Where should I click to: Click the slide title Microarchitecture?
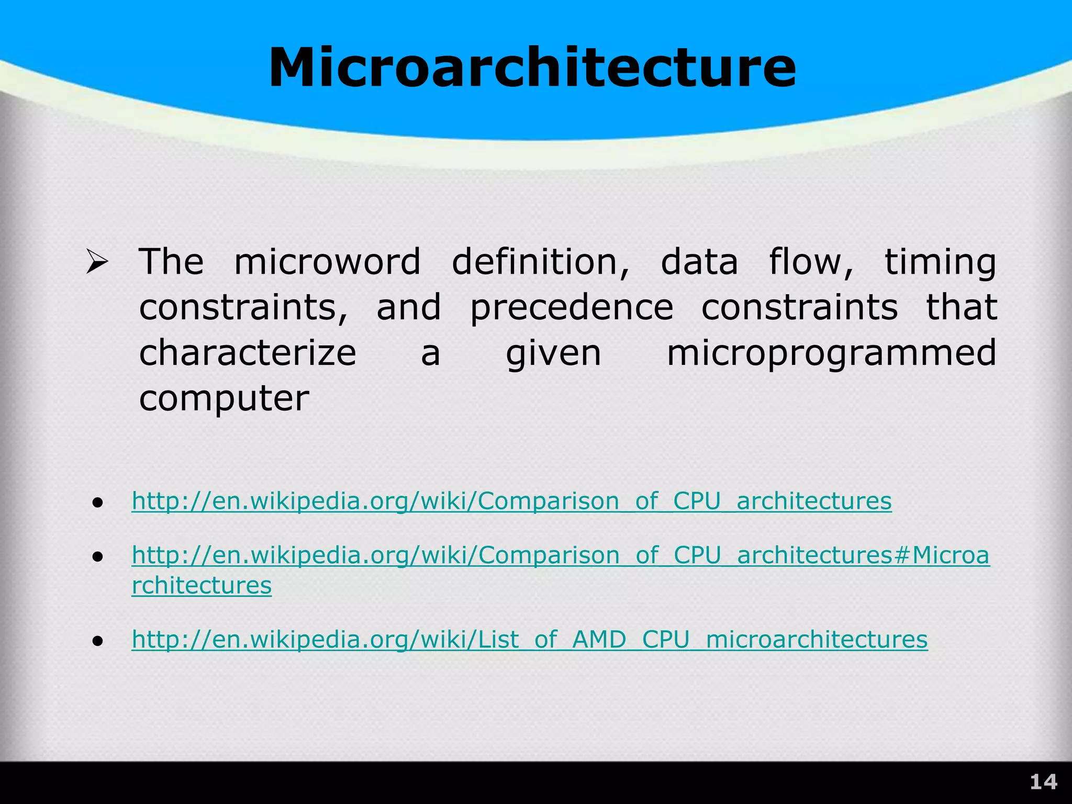532,68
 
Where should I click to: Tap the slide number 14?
1043,782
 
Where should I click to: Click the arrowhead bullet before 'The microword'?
97,262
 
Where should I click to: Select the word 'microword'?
327,261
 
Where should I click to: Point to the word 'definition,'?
541,261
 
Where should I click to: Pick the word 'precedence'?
572,308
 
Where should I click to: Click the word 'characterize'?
248,353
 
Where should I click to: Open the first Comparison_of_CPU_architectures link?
511,501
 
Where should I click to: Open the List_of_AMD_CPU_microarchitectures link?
529,640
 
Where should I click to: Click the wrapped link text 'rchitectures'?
202,585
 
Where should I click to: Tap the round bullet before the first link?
97,503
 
